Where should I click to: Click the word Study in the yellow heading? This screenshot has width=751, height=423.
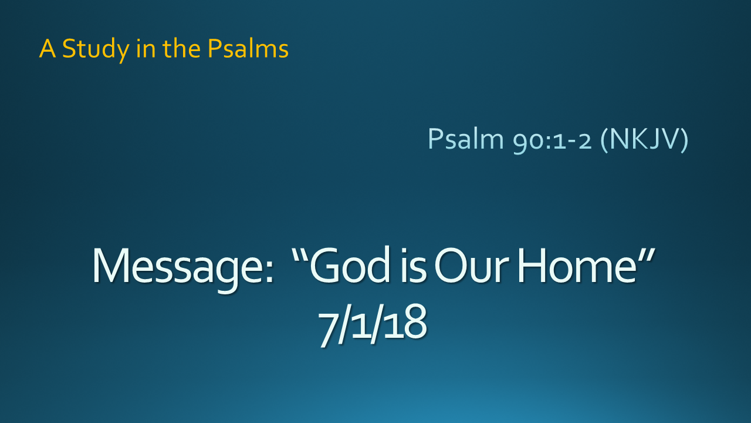tap(96, 50)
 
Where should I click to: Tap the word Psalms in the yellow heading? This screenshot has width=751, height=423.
tap(248, 48)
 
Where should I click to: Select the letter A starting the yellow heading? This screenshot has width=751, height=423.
tap(48, 49)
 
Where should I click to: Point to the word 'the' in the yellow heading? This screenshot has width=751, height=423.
tap(182, 48)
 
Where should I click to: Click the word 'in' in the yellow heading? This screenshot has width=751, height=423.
tap(146, 49)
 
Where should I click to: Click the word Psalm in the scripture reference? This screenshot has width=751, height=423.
tap(466, 138)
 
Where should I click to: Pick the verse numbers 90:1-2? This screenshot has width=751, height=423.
tap(552, 141)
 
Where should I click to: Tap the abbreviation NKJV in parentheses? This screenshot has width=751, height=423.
tap(644, 138)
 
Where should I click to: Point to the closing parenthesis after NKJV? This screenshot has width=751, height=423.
tap(684, 140)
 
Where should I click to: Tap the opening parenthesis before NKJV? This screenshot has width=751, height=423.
tap(605, 140)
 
